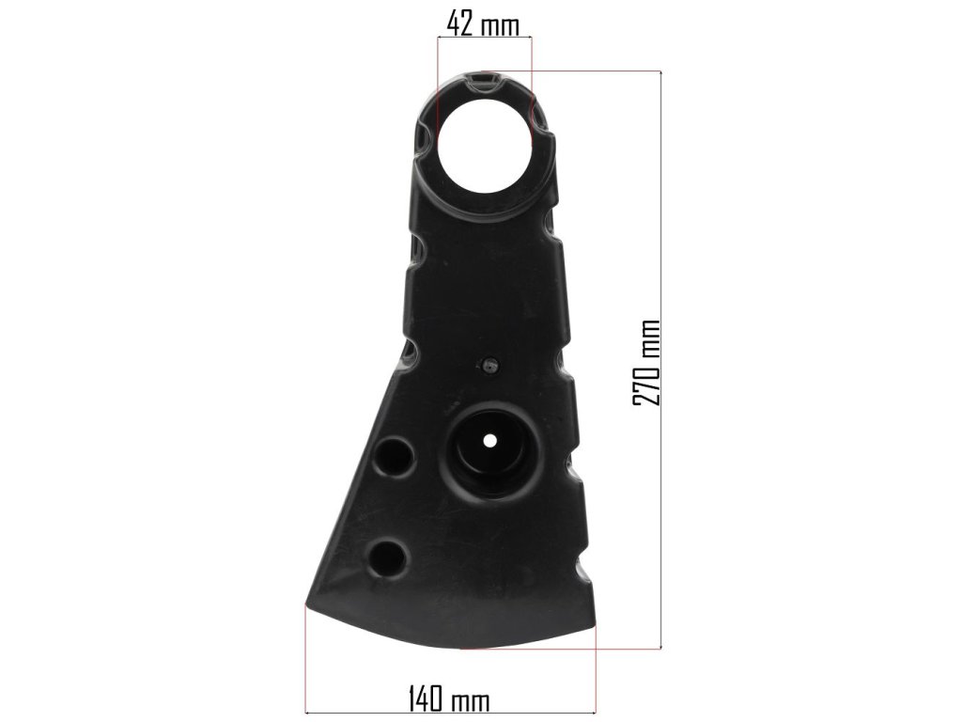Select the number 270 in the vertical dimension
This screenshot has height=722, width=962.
(x=646, y=380)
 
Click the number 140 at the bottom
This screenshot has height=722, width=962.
(x=426, y=699)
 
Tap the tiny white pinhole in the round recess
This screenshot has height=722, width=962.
(x=489, y=440)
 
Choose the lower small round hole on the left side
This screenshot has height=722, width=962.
(x=387, y=557)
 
